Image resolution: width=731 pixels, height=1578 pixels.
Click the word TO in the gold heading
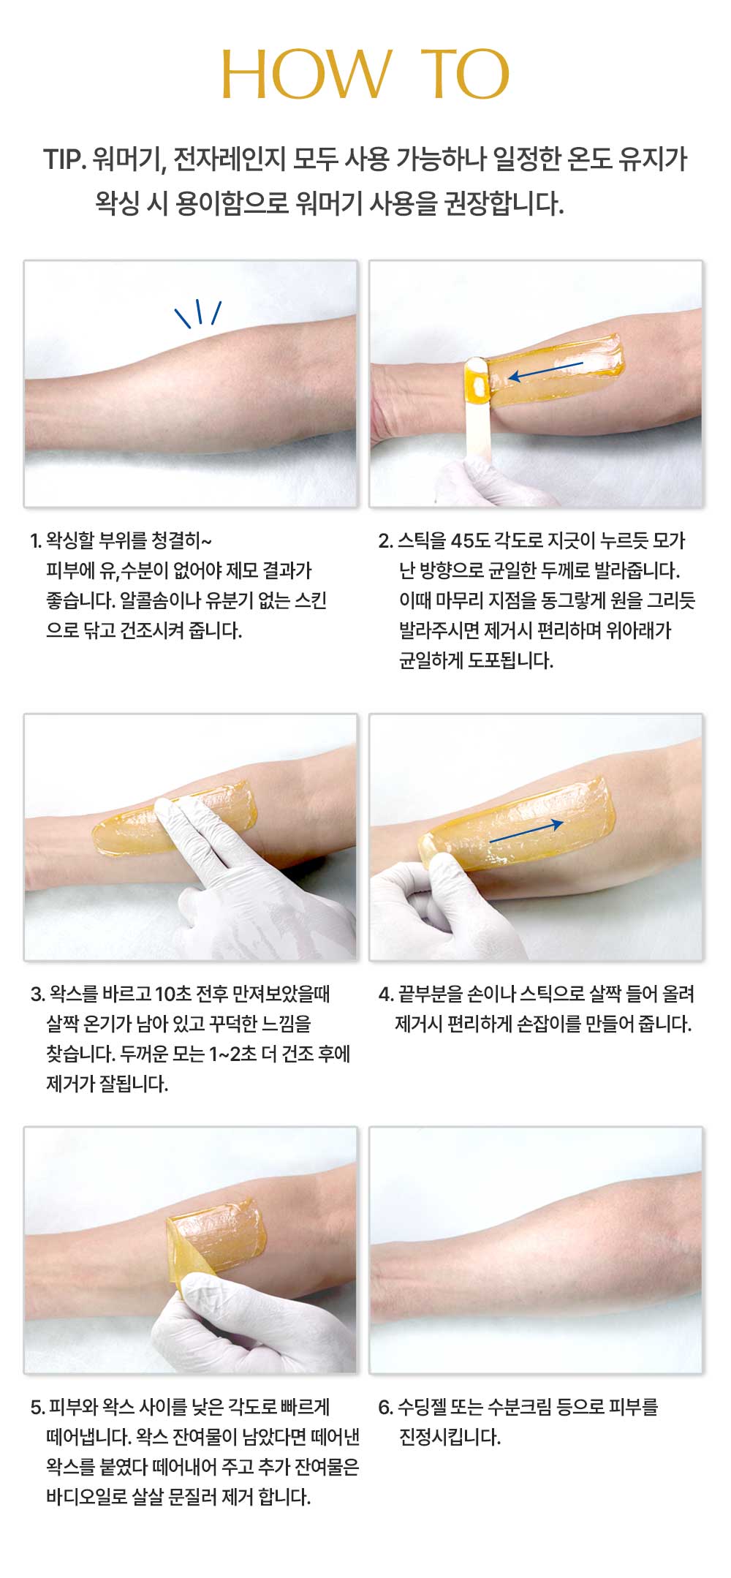[465, 75]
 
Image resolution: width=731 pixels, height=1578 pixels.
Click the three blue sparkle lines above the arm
[198, 313]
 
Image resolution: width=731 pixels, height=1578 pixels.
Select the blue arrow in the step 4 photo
[526, 831]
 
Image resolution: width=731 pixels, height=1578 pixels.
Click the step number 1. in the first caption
[35, 541]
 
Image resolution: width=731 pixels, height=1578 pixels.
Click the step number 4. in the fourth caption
[386, 994]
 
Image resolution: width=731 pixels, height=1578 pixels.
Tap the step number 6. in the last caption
[385, 1407]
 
